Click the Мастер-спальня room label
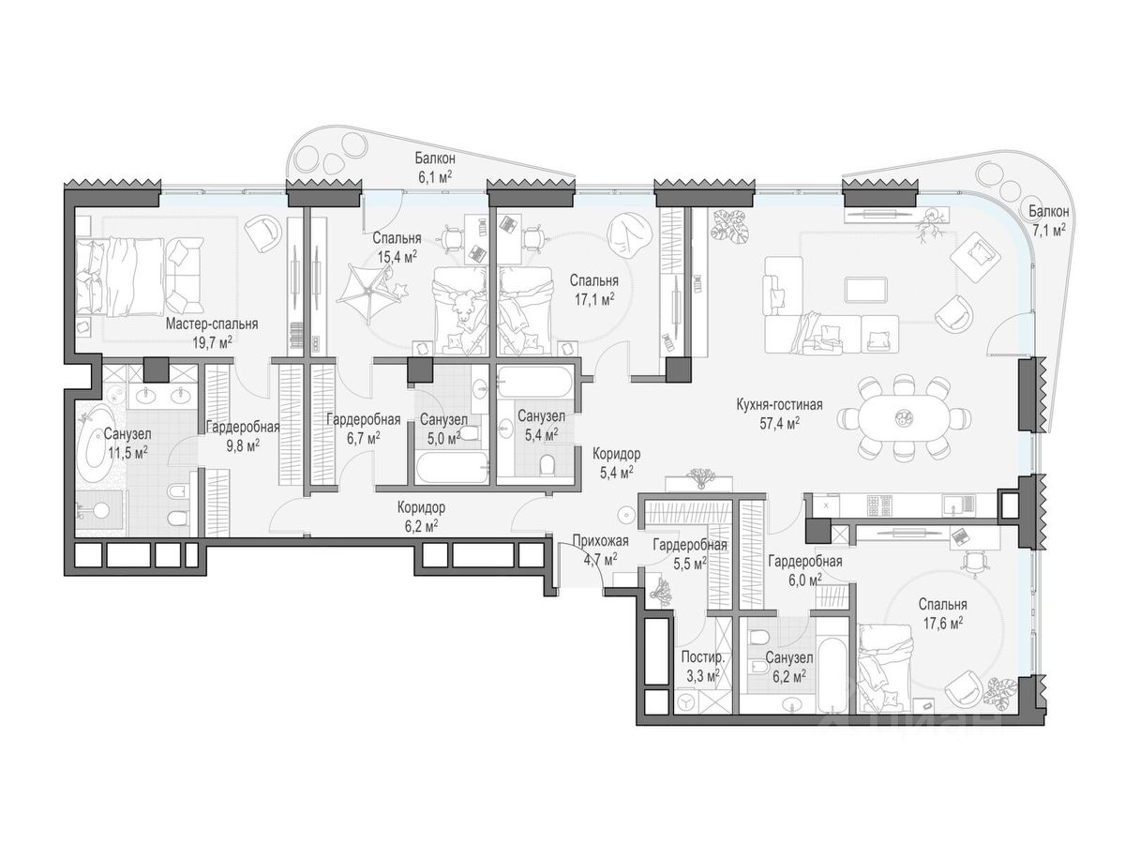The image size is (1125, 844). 212,324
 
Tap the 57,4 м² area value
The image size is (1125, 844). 778,423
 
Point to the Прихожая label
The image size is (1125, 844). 600,541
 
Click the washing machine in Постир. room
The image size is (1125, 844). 687,702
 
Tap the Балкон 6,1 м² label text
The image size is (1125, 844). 435,167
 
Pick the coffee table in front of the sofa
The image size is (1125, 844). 866,290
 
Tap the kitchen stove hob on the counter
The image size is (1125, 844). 879,505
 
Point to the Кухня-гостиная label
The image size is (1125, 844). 779,404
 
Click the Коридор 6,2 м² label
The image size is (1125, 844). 421,516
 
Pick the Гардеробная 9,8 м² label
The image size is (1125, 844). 243,435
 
